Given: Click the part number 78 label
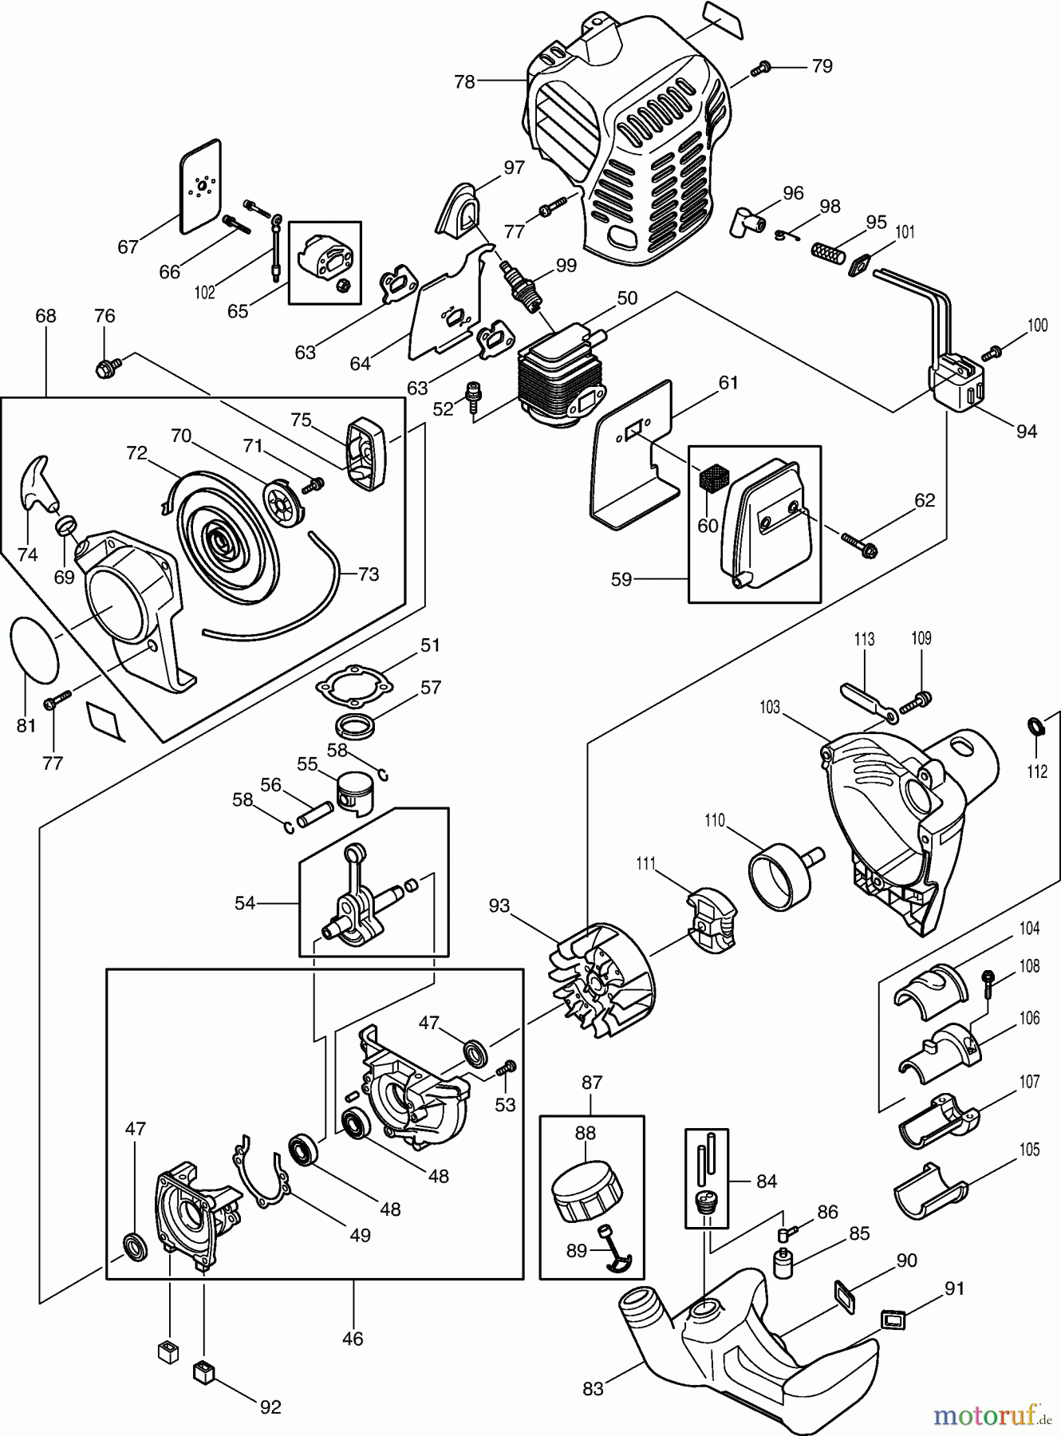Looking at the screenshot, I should [464, 81].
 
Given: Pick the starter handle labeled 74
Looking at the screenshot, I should [37, 483].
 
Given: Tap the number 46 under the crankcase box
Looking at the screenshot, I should [353, 1338].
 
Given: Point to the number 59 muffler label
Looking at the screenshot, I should [621, 579].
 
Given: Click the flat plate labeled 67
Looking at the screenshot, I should [199, 187].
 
